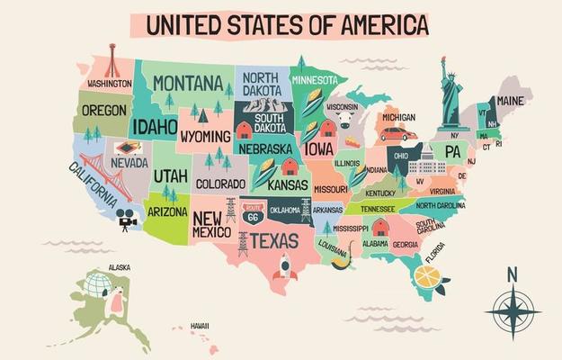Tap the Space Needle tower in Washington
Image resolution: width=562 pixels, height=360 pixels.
point(112,60)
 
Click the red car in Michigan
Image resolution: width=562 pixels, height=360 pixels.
point(397,135)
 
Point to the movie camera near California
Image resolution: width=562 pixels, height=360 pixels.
point(126,219)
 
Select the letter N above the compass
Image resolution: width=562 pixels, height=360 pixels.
point(512,274)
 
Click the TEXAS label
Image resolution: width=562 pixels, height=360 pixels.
point(274,240)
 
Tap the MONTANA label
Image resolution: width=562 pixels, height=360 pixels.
point(187,84)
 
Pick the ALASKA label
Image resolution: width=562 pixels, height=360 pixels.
point(118,267)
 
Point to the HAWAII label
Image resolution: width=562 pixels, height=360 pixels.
point(199,325)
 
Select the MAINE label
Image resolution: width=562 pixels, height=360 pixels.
point(511,100)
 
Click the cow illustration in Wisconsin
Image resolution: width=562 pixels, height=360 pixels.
point(345,121)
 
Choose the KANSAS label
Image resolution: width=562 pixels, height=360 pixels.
point(287,184)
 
